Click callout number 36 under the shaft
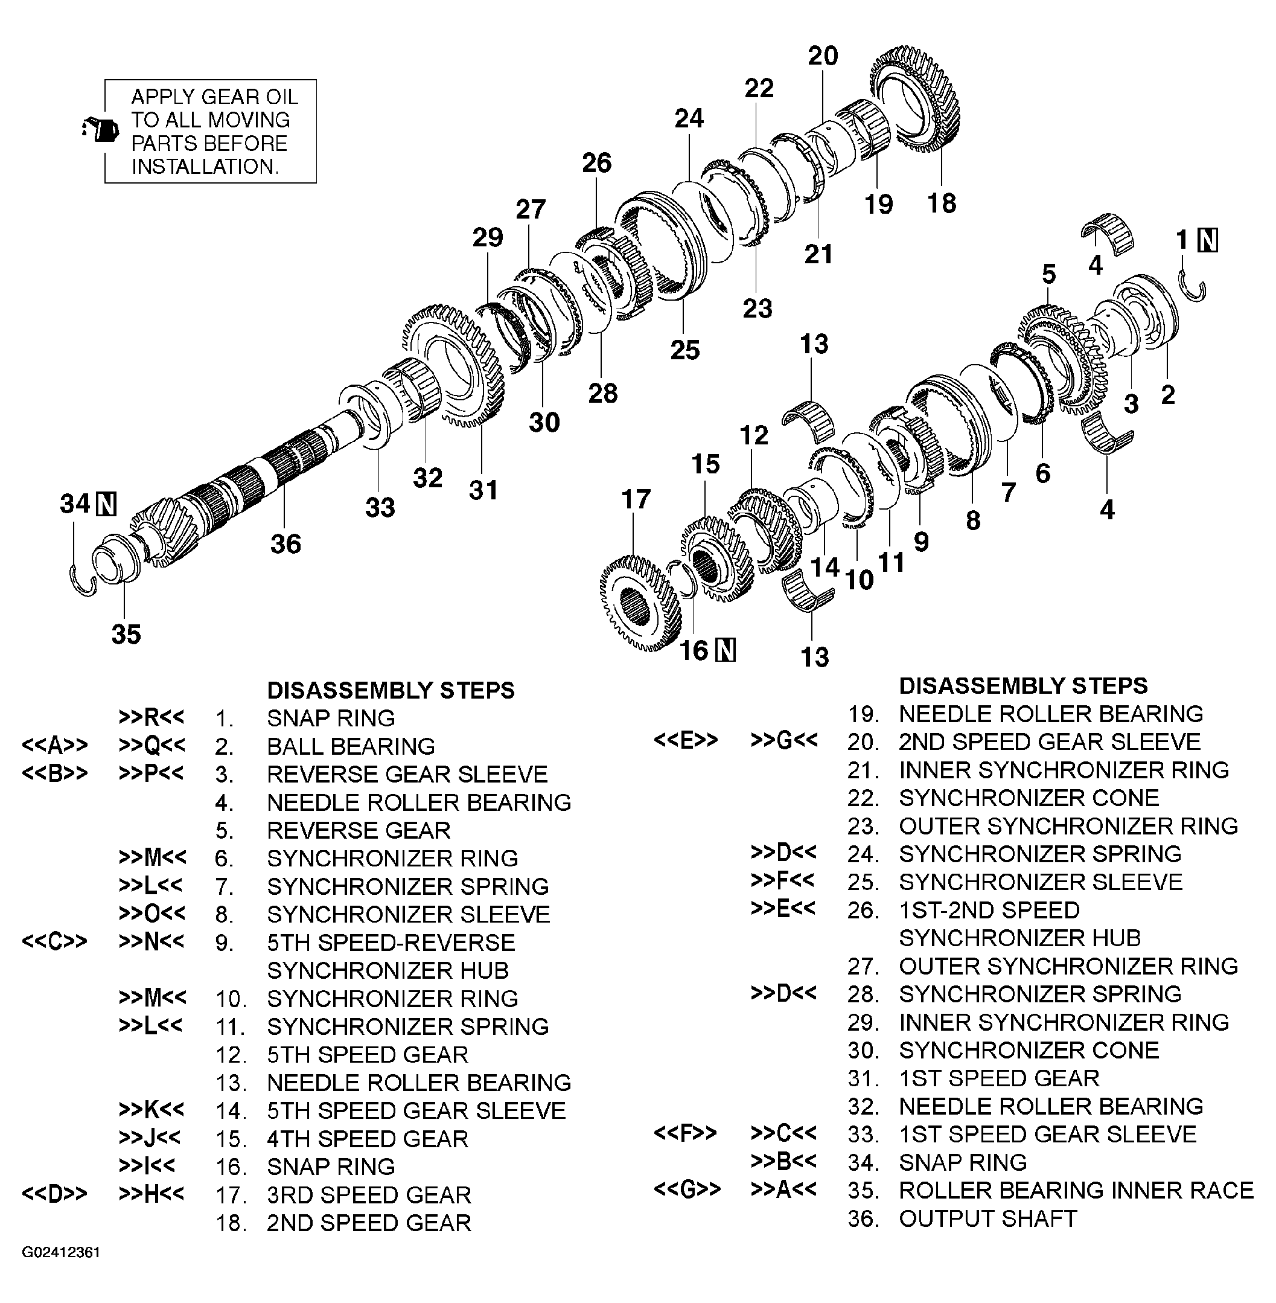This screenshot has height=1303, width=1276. coord(286,543)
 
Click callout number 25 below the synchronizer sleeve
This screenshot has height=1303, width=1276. coord(685,350)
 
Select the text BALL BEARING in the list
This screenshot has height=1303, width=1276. coord(351,746)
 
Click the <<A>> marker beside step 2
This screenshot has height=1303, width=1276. coord(54,745)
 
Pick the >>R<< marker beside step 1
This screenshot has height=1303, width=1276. coord(152,717)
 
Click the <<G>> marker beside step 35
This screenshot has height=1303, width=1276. coord(687,1189)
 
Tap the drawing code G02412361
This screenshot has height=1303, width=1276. coord(61,1252)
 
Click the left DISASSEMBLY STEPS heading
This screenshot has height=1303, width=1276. coord(391,690)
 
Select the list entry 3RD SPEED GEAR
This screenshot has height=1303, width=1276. coord(369,1194)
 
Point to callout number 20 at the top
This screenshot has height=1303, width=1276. coord(823,56)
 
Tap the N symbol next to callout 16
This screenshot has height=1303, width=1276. coord(725,650)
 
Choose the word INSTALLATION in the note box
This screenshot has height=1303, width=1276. coord(204,166)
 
